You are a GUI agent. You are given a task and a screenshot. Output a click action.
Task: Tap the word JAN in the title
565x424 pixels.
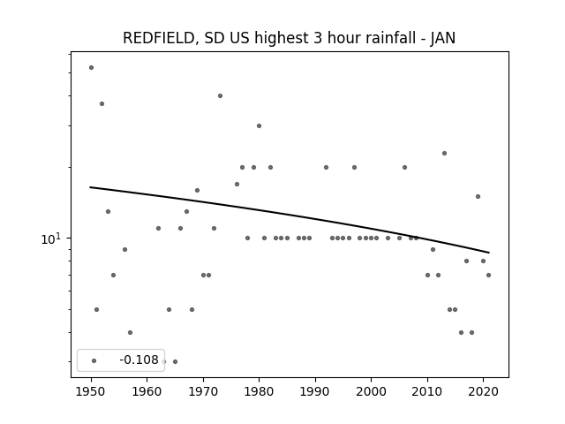pos(443,38)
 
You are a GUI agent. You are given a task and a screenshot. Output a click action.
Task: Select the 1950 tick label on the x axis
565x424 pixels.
pos(91,391)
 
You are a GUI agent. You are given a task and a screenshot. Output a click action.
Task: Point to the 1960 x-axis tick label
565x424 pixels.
pos(147,391)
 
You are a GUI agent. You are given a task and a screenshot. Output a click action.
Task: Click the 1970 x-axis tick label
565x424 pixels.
pos(203,391)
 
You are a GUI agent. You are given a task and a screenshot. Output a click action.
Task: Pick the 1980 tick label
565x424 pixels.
pos(259,391)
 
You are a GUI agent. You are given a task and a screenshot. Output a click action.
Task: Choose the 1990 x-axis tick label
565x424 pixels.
pos(315,391)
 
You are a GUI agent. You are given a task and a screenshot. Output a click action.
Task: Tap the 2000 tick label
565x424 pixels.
pos(371,391)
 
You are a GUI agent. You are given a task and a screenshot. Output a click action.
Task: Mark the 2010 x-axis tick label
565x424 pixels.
pos(427,391)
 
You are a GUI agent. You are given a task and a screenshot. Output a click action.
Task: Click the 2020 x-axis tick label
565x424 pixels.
pos(483,391)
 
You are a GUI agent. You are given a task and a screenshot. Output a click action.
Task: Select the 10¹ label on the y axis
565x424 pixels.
pos(51,238)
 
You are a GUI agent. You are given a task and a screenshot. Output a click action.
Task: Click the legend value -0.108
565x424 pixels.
pos(139,360)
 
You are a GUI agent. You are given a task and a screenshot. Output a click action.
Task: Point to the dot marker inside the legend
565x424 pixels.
pos(94,360)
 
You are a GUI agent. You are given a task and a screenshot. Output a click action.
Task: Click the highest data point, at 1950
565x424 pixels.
pos(91,67)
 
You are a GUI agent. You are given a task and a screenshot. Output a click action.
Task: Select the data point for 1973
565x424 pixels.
pos(220,95)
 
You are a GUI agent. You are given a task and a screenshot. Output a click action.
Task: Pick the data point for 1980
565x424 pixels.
pos(259,125)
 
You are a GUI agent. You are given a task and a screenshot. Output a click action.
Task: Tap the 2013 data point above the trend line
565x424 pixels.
pos(444,153)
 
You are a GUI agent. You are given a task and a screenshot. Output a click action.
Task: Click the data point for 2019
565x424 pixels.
pos(478,196)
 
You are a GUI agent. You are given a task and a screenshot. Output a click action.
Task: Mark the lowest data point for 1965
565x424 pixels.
pos(175,361)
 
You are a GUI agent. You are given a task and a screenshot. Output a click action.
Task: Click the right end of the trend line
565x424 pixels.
pos(489,253)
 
